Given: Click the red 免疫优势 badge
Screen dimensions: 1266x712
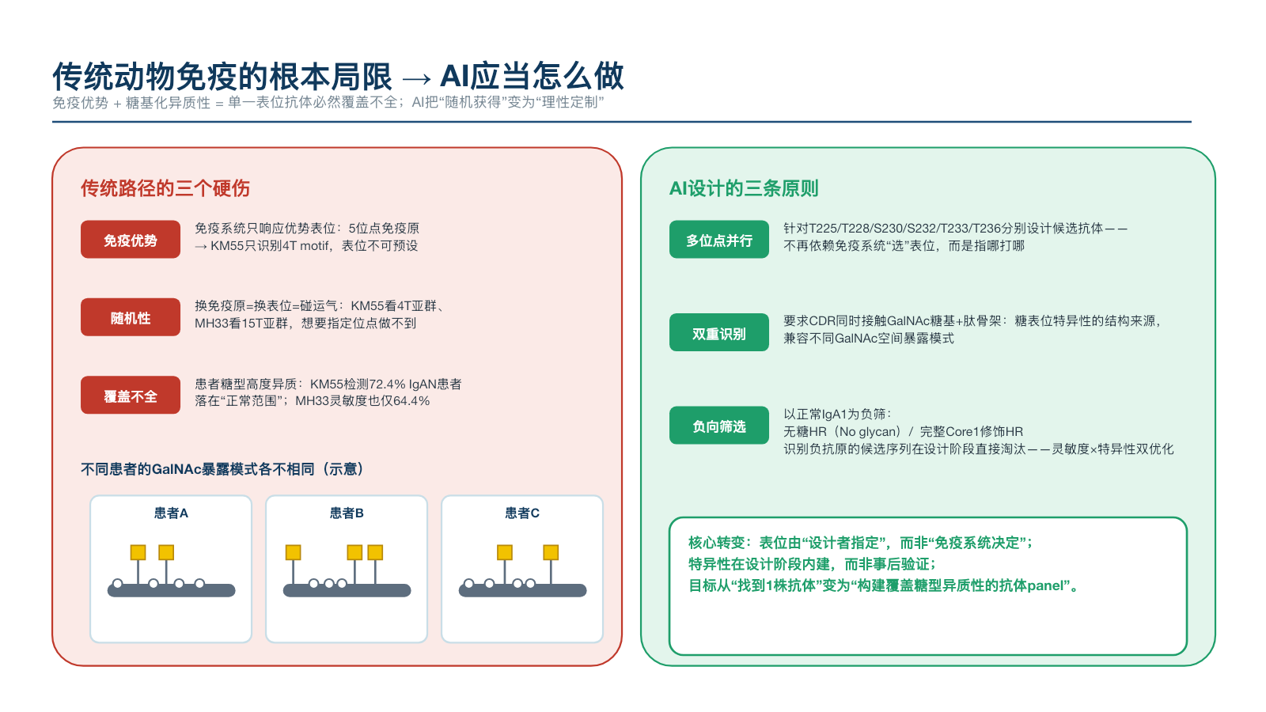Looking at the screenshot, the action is click(x=131, y=240).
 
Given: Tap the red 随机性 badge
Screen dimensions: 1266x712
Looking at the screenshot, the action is click(x=131, y=317).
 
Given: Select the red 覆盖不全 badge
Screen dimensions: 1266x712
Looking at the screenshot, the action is click(x=131, y=396).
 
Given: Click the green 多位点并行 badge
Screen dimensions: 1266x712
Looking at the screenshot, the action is click(x=719, y=240).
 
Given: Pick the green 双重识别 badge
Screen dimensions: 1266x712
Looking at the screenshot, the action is click(x=719, y=333).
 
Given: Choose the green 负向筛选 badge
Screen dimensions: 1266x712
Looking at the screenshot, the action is click(x=719, y=426).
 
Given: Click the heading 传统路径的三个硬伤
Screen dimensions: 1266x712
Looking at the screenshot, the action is click(x=165, y=188).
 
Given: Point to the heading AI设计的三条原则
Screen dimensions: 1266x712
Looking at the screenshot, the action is click(x=744, y=188).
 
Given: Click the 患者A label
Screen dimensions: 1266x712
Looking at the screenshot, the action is click(x=171, y=513).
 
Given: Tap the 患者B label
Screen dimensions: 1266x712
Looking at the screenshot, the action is click(x=347, y=513).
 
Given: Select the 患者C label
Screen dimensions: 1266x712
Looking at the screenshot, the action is click(x=522, y=513).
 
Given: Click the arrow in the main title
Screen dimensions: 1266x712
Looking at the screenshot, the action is click(x=416, y=78).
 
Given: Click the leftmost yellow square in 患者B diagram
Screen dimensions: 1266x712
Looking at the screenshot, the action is click(x=294, y=552).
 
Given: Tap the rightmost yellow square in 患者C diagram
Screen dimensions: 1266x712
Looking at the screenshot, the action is click(x=551, y=552).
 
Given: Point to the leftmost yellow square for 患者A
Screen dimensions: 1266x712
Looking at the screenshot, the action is click(x=138, y=552).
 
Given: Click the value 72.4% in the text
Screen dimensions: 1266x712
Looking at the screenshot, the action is click(x=387, y=384).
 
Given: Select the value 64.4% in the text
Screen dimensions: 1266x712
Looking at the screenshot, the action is click(x=411, y=401).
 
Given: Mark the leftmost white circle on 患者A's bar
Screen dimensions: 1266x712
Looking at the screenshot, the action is click(x=118, y=584).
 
